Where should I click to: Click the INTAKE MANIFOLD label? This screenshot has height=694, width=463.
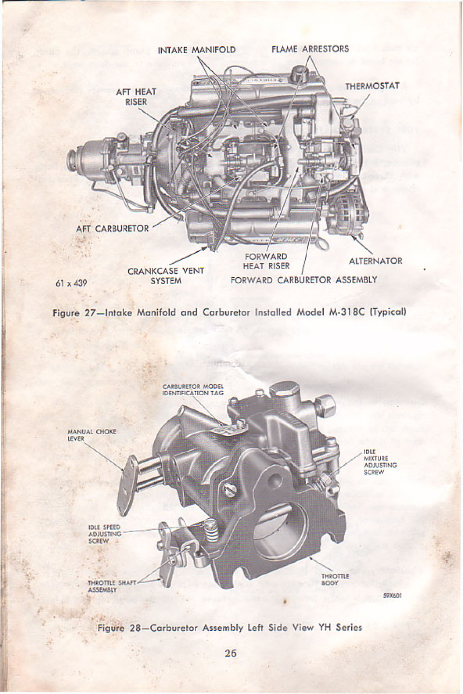point(196,50)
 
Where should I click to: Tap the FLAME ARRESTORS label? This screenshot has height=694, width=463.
point(310,49)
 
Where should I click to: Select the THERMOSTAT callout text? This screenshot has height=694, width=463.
point(372,86)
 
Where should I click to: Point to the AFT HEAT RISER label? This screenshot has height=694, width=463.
point(136,97)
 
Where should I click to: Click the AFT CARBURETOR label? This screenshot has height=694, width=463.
point(112,229)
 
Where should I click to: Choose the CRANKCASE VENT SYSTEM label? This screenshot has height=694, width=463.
point(166,276)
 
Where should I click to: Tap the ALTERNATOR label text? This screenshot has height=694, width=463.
point(375,261)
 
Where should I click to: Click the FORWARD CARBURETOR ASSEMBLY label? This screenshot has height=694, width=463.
point(304,280)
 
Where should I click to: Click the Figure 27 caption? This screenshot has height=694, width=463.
point(229,312)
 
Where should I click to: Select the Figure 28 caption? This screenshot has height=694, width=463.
point(230,627)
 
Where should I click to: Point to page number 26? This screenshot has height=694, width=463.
point(230,653)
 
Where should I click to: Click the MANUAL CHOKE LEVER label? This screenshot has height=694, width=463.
point(92,435)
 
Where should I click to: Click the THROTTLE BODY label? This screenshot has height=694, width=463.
point(335,579)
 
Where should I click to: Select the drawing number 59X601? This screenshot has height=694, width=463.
point(392,597)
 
